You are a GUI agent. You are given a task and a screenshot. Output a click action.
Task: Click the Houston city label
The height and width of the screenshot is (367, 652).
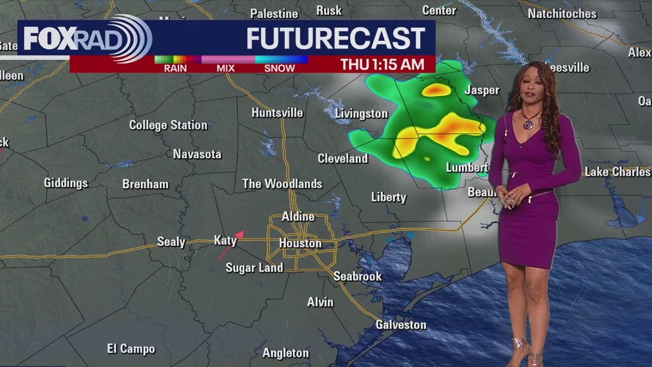coord(300,243)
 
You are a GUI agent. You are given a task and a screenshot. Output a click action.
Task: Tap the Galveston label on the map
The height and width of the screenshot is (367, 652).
coord(401,325)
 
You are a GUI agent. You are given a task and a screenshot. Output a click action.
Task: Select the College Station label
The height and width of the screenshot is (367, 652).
coord(168,125)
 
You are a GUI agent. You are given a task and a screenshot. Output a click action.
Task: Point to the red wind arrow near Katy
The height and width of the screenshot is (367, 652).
coord(231,245)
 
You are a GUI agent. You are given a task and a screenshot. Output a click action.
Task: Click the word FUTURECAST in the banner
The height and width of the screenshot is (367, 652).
coord(336,39)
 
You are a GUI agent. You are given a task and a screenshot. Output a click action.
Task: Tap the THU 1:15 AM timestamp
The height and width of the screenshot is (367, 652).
coord(382,65)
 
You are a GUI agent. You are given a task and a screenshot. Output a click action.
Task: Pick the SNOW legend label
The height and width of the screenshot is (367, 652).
coord(279,68)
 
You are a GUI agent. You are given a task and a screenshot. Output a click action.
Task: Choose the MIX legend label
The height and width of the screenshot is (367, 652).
coord(225,68)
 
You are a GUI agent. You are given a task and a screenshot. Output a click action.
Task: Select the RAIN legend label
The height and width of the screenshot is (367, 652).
coord(175,68)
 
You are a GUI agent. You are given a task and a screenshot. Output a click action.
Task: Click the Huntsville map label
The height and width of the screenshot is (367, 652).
coord(277,113)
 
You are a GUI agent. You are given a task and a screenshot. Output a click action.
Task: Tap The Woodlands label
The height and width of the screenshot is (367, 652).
coord(282,184)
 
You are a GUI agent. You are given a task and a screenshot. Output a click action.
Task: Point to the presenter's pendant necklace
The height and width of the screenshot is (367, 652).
coord(529,124)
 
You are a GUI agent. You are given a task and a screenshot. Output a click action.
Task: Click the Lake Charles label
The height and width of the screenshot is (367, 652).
coord(617,172)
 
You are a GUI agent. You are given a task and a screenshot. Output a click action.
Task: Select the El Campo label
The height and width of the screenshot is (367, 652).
coord(131,348)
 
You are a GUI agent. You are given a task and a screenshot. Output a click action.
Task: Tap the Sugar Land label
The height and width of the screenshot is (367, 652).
coord(254,268)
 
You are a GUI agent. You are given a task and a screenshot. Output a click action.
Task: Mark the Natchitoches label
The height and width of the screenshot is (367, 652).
coord(562,13)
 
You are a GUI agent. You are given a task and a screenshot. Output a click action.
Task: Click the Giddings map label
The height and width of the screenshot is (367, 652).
coord(66,183)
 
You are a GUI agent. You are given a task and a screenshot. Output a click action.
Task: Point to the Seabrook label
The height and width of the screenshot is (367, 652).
coord(358,276)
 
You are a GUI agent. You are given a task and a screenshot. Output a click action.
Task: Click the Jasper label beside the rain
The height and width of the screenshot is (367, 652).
coord(482,91)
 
